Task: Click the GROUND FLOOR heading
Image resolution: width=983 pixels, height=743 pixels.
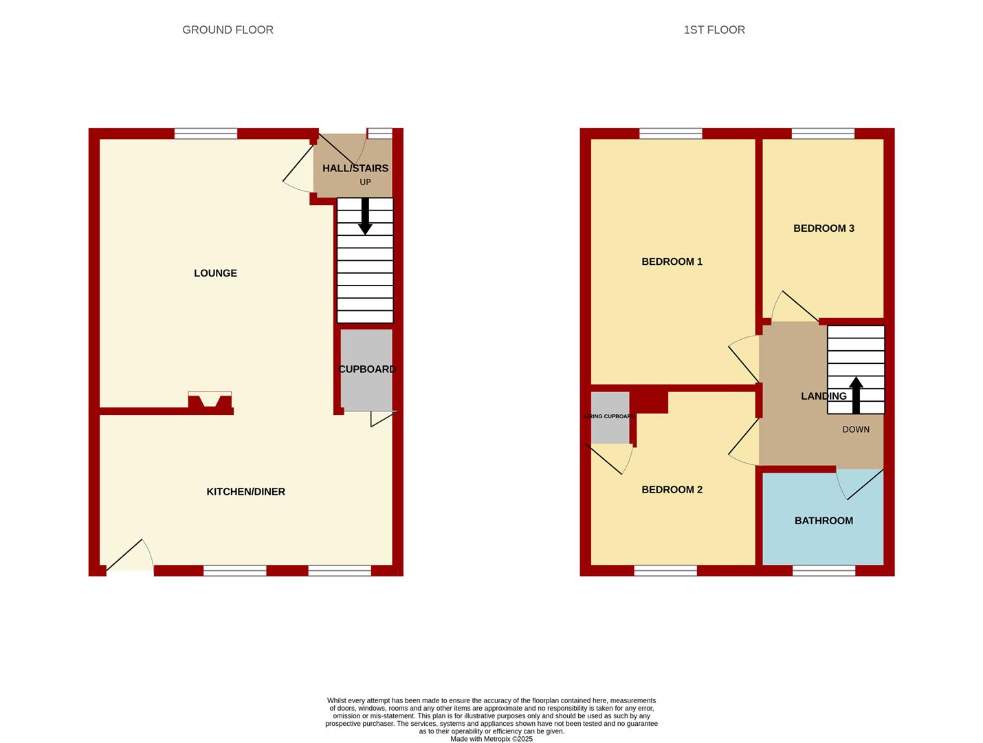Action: [x=228, y=30]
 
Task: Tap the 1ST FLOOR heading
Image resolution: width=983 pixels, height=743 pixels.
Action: [x=714, y=30]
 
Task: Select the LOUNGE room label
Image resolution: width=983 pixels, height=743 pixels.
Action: [x=215, y=273]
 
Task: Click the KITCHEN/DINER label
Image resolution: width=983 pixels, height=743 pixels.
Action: [x=245, y=492]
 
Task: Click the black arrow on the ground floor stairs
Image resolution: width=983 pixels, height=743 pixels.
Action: [x=365, y=217]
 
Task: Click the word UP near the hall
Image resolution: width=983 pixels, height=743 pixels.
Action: [x=365, y=182]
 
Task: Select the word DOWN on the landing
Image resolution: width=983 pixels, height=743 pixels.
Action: [x=856, y=429]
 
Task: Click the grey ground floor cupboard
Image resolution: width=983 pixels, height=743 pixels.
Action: [x=366, y=370]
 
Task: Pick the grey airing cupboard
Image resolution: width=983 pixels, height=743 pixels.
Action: [x=610, y=418]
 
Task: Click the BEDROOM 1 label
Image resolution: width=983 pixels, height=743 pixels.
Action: [x=672, y=261]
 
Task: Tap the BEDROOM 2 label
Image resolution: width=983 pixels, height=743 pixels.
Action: [x=672, y=490]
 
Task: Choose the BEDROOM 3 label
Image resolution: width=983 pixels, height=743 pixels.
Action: [x=824, y=228]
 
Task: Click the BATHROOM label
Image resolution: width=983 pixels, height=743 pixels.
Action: [x=824, y=521]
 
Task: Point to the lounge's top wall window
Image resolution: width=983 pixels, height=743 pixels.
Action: [x=206, y=133]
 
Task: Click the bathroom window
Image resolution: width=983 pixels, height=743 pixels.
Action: [x=824, y=570]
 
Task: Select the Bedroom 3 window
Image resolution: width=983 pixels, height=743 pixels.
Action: [x=823, y=133]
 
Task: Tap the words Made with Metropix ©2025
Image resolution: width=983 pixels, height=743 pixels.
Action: [x=491, y=739]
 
